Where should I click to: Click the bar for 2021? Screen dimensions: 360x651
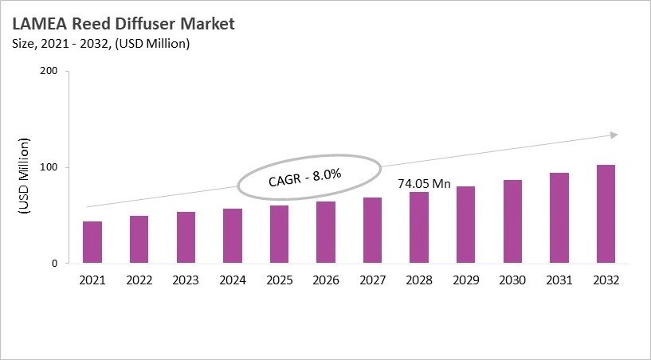(92, 242)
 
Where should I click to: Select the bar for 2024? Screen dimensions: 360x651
(233, 236)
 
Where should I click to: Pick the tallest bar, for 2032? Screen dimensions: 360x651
(606, 213)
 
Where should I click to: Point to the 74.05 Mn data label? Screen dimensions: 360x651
(424, 184)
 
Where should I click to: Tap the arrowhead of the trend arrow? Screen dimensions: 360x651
(614, 135)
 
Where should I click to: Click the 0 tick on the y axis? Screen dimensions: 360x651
(54, 264)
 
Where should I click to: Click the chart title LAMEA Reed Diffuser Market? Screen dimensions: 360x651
(123, 25)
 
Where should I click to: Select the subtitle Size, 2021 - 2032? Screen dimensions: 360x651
(99, 44)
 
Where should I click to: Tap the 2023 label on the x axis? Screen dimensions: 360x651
(186, 280)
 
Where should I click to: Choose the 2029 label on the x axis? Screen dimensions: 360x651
(465, 280)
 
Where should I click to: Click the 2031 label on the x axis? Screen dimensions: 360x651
(559, 280)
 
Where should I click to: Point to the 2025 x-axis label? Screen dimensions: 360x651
(279, 280)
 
